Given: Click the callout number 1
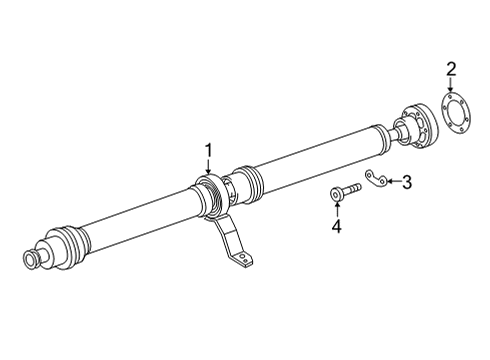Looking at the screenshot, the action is pos(208,151).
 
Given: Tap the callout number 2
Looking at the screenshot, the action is pos(451,69).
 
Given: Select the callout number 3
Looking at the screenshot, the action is pos(407,182).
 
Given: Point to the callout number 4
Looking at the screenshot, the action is pos(337,226).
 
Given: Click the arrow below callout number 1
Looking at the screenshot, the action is pos(208,167).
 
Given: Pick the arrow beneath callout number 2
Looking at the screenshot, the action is pos(451,85).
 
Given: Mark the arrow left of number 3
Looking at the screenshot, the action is pos(394,181).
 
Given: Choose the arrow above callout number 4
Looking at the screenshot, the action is pos(337,209).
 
